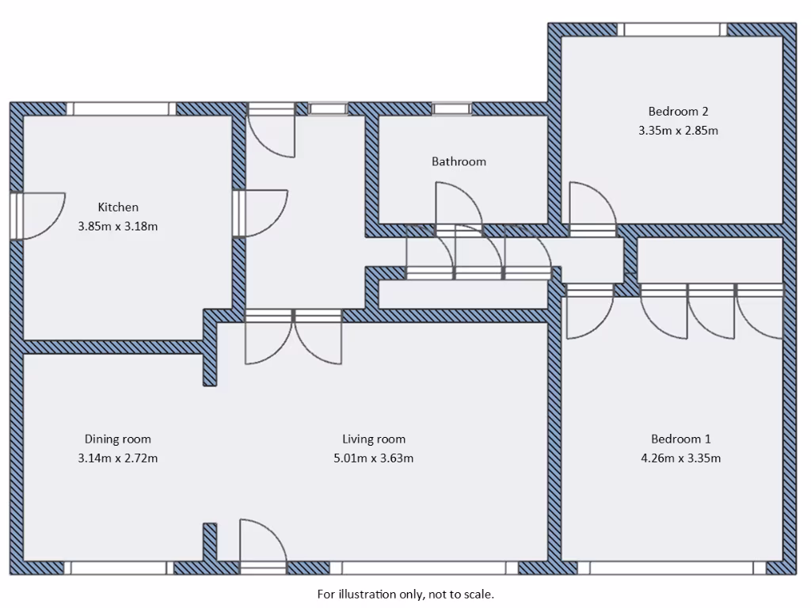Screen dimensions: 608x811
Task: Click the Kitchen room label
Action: [118, 207]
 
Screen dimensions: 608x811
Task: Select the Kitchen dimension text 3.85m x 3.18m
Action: [118, 226]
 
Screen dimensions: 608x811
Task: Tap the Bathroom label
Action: [459, 161]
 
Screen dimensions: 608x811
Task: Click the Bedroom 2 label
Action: [678, 112]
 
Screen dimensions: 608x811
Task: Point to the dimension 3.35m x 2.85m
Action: [678, 131]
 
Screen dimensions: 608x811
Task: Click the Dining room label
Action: [117, 439]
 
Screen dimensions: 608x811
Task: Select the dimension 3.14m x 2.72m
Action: [117, 458]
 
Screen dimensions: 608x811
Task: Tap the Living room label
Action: [374, 439]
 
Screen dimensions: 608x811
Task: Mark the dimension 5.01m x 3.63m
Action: [374, 458]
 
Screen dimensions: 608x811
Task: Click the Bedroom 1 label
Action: [680, 439]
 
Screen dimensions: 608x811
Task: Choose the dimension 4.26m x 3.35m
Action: [680, 458]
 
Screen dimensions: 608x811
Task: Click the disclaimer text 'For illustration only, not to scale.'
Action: [405, 594]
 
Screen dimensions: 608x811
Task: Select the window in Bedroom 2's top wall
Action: [672, 29]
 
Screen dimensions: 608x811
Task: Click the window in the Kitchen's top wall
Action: [120, 108]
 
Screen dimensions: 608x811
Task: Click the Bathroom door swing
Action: [457, 204]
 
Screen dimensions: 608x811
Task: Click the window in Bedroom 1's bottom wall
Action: [672, 568]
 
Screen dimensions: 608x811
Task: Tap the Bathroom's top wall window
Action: [451, 108]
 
